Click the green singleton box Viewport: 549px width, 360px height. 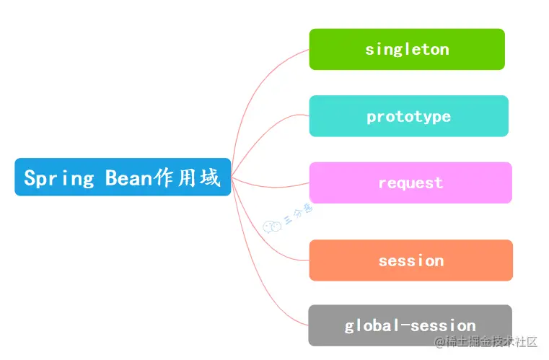[x=407, y=49]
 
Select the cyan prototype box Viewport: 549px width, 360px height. [x=408, y=116]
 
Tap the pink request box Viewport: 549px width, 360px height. [x=410, y=183]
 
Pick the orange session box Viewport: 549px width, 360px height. [x=410, y=260]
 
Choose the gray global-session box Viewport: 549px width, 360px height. [x=410, y=325]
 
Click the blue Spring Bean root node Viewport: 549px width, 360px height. [x=123, y=177]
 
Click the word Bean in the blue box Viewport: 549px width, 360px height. [x=129, y=177]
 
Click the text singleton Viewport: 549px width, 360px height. [x=407, y=49]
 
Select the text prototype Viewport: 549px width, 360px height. [x=408, y=116]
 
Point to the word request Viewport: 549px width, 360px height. [x=410, y=183]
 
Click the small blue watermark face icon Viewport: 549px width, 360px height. [x=272, y=227]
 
